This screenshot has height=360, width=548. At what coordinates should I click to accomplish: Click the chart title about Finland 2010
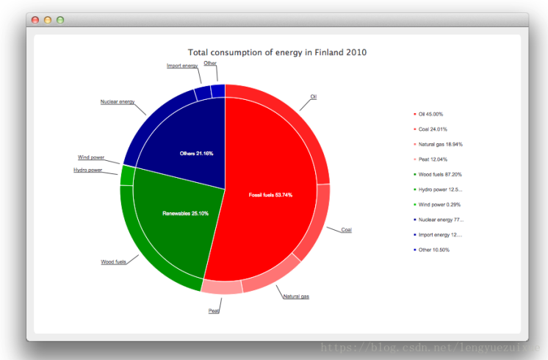click(x=277, y=52)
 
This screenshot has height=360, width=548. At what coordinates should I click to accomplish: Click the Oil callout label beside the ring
click(x=313, y=96)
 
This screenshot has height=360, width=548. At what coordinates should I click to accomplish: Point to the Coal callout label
click(x=347, y=230)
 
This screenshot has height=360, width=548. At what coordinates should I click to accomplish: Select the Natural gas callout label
click(x=296, y=296)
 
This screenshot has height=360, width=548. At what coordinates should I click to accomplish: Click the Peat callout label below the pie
click(x=214, y=311)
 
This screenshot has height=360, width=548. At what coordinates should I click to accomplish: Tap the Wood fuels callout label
click(x=113, y=262)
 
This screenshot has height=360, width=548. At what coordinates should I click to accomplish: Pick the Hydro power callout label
click(x=88, y=170)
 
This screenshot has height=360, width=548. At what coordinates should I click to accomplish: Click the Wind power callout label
click(x=91, y=157)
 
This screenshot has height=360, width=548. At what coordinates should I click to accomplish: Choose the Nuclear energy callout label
click(x=118, y=101)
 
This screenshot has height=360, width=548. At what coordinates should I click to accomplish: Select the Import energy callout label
click(x=182, y=66)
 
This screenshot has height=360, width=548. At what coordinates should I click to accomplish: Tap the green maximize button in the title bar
click(x=60, y=20)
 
